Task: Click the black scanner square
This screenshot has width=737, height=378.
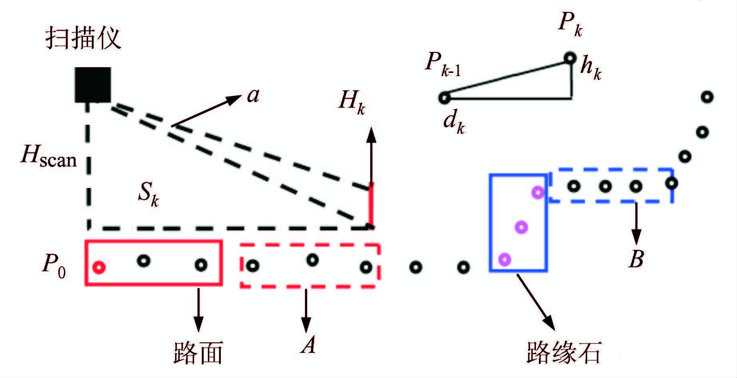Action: (93, 85)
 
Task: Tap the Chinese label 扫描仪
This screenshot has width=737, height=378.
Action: (83, 38)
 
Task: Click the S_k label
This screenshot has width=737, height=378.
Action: (148, 194)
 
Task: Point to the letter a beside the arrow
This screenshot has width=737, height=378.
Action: (253, 95)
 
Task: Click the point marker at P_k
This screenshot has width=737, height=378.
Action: (570, 58)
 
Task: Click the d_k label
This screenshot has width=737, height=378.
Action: (454, 122)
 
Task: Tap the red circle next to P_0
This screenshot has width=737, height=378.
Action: (99, 267)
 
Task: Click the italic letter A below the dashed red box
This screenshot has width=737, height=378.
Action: (308, 344)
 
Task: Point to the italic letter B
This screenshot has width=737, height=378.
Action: (636, 259)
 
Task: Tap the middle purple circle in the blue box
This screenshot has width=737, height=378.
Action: (521, 227)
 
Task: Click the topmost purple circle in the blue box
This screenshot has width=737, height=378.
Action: (538, 192)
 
